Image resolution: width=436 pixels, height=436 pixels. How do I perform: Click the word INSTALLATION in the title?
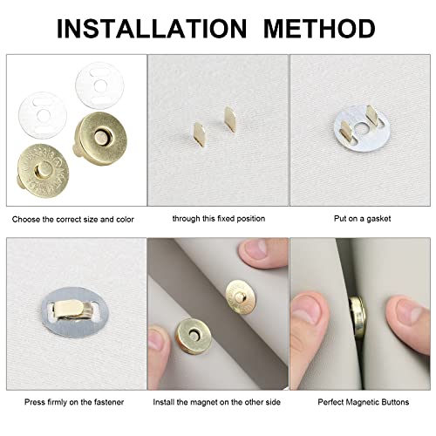(152, 28)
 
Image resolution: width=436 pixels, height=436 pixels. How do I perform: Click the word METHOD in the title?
(319, 28)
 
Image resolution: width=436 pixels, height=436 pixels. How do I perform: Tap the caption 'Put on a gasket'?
(362, 219)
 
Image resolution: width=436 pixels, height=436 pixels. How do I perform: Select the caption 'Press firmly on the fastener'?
(74, 402)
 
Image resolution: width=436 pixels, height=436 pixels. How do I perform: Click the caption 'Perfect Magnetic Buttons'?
(364, 402)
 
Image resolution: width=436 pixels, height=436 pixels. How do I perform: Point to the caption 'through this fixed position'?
(219, 219)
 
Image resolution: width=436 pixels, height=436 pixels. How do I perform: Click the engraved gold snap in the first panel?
(43, 171)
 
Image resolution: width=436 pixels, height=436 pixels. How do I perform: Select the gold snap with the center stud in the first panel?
(100, 135)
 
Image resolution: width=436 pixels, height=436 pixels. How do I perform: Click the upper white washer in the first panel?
(99, 86)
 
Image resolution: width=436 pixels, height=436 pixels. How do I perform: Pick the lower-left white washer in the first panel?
(43, 115)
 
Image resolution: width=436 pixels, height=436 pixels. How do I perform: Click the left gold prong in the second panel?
(201, 134)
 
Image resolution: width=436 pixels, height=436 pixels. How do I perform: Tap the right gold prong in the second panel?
(230, 119)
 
